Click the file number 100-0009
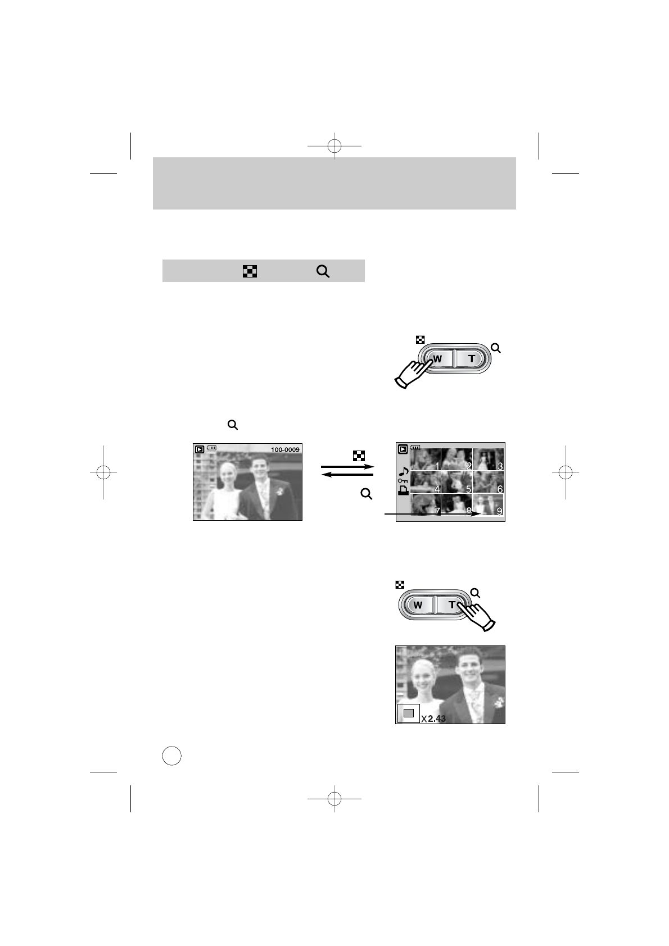[285, 449]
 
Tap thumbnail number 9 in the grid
[488, 504]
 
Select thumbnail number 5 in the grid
[456, 482]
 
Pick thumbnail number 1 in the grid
[426, 459]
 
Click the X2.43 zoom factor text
[433, 718]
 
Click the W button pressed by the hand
[437, 359]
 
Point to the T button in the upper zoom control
[471, 358]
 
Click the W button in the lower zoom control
[418, 605]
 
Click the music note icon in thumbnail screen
[403, 471]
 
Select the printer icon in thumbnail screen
[403, 490]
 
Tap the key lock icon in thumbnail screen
[403, 481]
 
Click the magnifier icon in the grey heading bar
[323, 271]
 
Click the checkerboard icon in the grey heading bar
[250, 271]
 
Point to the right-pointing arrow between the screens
[347, 466]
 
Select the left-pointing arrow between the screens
[347, 475]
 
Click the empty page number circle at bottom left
[171, 756]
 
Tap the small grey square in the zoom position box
[409, 713]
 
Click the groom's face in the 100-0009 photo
[259, 467]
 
